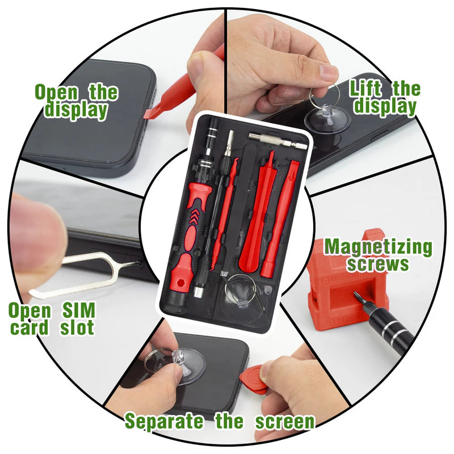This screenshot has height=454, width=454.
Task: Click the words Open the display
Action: pos(77,101)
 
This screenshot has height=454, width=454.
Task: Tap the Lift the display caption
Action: pos(385,97)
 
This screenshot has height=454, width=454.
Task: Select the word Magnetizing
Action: pos(378,247)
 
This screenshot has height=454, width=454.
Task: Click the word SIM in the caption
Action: pos(76,310)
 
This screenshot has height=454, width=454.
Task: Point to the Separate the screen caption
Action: pos(220,421)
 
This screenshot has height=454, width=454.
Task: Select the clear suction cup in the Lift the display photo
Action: pos(323,120)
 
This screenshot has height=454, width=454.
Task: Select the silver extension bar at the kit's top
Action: pos(278,138)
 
